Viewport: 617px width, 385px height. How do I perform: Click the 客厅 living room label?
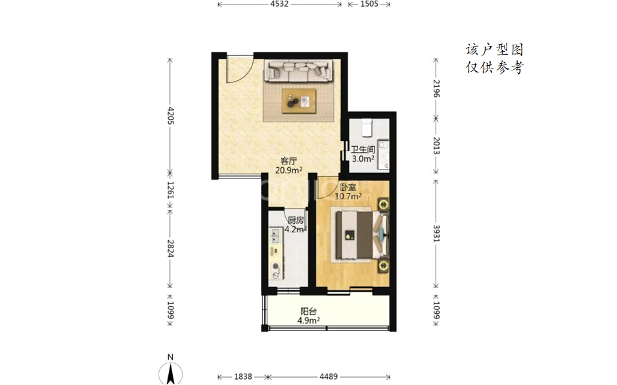(288, 161)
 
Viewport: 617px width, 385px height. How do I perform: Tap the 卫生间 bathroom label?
(363, 149)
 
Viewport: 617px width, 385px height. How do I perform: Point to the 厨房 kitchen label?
(296, 220)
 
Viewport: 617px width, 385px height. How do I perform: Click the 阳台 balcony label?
(309, 311)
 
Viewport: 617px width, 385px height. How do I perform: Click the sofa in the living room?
(299, 70)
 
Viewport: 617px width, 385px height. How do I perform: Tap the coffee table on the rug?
(299, 101)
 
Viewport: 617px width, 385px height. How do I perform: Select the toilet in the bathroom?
(367, 127)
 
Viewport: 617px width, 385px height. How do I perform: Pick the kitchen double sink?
(274, 236)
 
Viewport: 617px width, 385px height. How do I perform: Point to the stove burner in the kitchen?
(276, 270)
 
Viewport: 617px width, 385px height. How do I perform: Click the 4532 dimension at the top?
(279, 4)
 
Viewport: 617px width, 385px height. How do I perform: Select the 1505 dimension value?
(369, 4)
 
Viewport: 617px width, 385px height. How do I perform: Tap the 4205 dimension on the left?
(170, 115)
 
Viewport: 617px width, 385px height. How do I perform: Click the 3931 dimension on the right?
(436, 234)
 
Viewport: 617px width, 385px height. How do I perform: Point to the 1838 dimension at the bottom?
(242, 376)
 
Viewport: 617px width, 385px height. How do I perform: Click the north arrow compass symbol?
(170, 372)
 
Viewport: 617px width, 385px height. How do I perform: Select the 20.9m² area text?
(289, 170)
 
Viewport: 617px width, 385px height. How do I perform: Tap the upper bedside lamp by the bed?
(383, 205)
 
